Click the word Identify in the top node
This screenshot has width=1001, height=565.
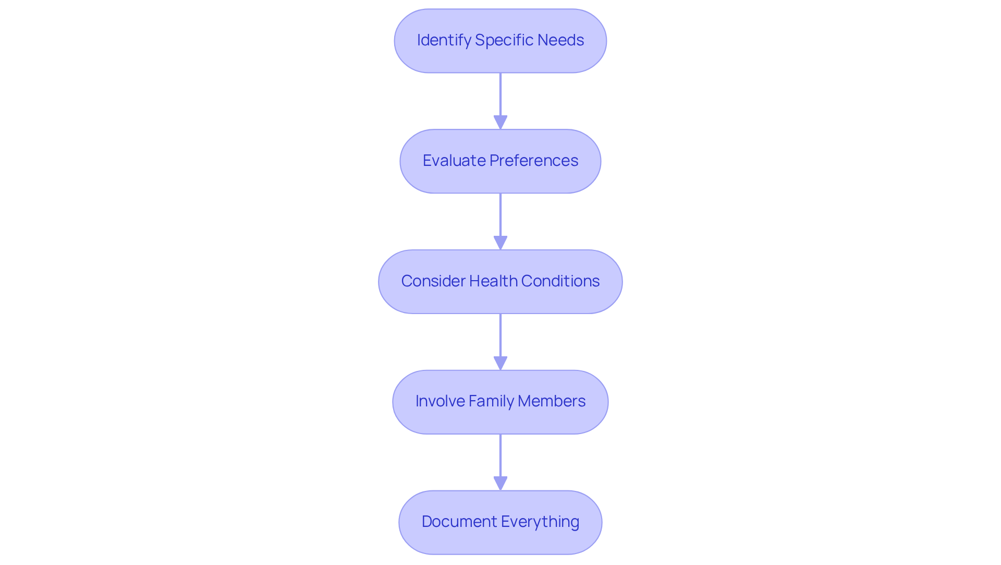[x=444, y=40]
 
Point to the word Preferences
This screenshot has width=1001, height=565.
[x=534, y=160]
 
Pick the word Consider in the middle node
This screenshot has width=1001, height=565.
[x=433, y=281]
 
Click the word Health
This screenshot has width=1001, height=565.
[x=493, y=281]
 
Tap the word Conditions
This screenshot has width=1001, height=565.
[x=560, y=281]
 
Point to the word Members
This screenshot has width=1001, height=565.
[x=552, y=401]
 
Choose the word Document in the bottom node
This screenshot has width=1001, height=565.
[x=459, y=521]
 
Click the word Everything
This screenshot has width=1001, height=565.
[x=540, y=521]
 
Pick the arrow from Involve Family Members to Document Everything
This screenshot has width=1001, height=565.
[x=500, y=456]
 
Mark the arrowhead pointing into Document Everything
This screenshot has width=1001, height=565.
[x=500, y=484]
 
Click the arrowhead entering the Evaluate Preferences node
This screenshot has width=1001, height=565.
[x=500, y=123]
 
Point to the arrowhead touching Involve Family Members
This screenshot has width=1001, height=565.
[x=500, y=363]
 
